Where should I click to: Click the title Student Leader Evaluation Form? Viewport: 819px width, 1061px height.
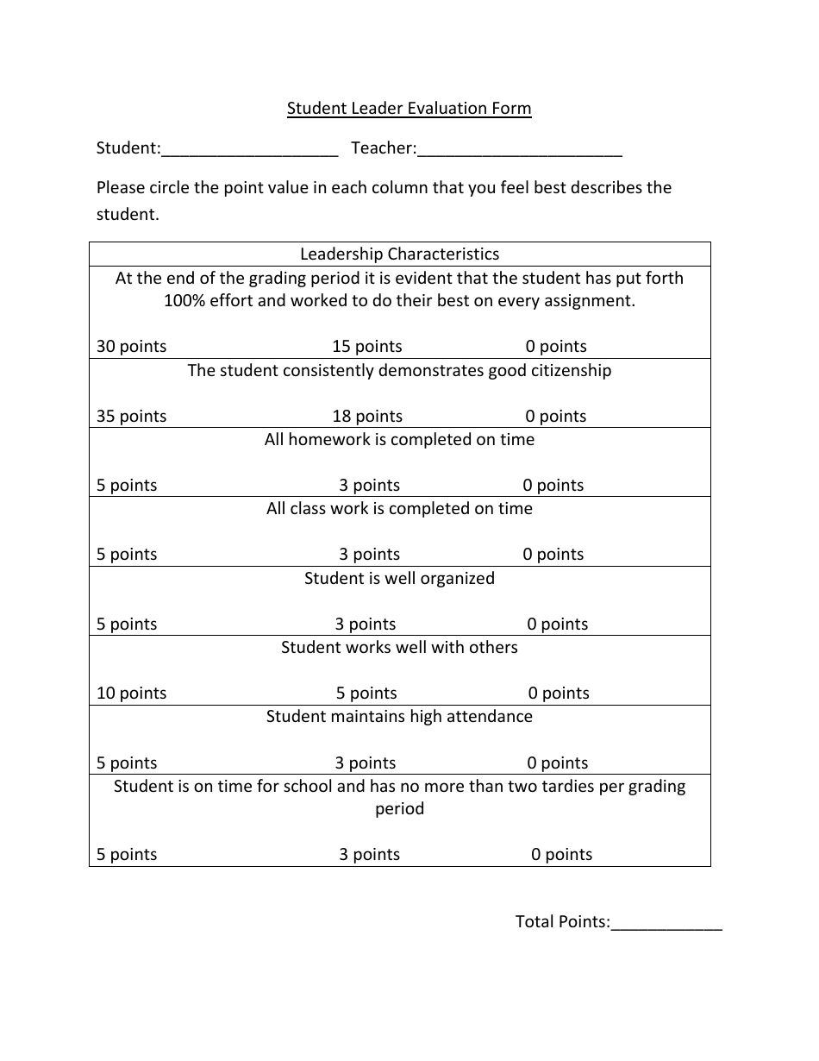point(409,109)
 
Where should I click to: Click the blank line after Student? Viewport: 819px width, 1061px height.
point(249,150)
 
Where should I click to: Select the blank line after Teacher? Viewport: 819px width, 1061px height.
point(519,150)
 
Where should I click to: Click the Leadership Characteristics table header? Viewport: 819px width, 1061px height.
point(399,254)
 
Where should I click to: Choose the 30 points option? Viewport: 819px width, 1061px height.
point(131,347)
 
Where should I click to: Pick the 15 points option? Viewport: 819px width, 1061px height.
point(367,347)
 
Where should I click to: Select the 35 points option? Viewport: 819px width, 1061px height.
point(131,417)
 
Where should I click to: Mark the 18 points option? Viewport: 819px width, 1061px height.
point(367,417)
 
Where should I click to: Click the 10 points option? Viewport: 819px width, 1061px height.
point(131,694)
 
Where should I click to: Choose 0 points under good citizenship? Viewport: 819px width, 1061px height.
point(555,417)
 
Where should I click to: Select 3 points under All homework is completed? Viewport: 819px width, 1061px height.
point(369,486)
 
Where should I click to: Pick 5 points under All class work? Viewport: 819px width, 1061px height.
point(127,555)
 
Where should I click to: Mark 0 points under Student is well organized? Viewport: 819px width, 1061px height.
point(557,625)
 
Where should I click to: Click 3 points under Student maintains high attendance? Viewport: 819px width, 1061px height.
point(366,763)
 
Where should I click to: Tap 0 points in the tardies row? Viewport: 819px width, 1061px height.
point(561,855)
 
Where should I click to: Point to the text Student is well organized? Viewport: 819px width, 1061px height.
point(399,579)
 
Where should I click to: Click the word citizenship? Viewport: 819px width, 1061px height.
point(567,371)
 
